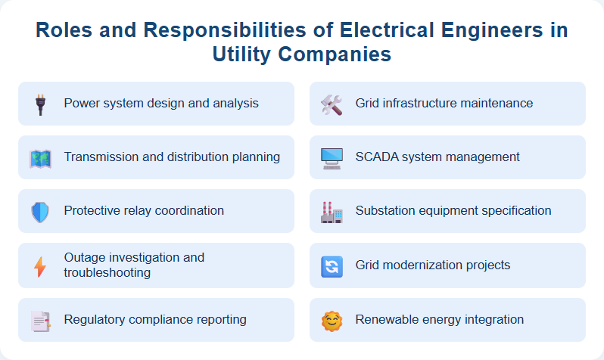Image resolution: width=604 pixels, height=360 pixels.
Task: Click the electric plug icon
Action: [40, 104]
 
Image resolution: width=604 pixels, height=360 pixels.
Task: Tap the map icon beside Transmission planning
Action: [40, 158]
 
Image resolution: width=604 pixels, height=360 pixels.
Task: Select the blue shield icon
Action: [40, 212]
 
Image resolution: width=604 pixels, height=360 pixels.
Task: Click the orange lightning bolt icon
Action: [40, 266]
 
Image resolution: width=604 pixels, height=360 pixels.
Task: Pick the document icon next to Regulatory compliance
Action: [40, 321]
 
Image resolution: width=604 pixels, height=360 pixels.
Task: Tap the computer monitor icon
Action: [332, 158]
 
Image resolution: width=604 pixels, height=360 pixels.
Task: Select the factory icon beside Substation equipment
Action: [332, 212]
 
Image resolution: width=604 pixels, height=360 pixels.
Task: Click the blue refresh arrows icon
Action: [332, 266]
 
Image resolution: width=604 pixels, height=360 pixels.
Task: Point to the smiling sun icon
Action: [332, 321]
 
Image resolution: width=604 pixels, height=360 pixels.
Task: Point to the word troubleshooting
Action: [107, 272]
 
